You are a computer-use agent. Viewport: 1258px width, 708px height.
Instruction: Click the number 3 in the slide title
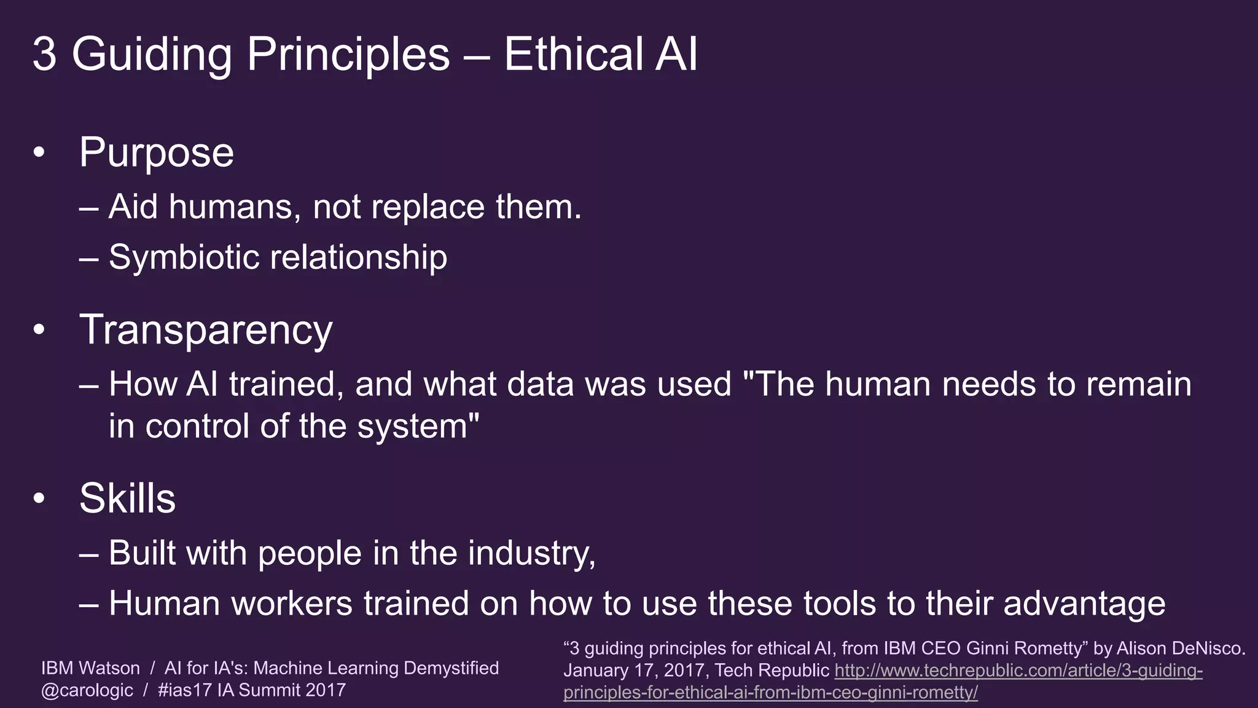(x=44, y=54)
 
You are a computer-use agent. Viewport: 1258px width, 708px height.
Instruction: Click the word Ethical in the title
(x=573, y=54)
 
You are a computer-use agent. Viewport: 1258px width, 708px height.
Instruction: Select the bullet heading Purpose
(x=157, y=152)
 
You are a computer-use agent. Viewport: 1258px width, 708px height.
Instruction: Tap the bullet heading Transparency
(x=206, y=330)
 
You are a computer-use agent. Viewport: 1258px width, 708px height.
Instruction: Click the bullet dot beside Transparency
(x=39, y=330)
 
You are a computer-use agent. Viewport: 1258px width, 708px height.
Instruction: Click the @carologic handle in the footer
(x=87, y=690)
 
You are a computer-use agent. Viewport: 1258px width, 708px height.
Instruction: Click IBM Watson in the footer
(x=90, y=668)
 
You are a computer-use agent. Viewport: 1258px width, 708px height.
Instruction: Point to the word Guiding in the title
(x=152, y=54)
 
